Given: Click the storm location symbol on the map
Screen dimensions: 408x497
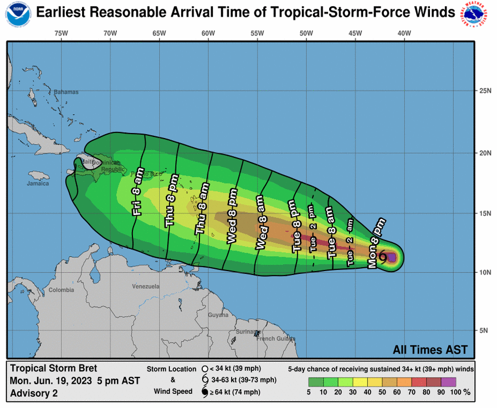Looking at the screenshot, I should click(383, 256).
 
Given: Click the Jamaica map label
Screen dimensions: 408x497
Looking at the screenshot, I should click(38, 183).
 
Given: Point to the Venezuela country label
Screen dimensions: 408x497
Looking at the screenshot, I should click(146, 287).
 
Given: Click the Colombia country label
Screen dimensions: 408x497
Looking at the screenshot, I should click(60, 290).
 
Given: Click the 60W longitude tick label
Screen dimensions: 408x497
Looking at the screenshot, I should click(208, 33).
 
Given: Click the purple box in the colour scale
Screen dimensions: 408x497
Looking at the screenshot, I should click(449, 381).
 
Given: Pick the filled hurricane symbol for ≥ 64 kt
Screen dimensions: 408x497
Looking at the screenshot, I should click(204, 392).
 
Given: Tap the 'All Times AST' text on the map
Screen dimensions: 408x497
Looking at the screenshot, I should click(430, 350).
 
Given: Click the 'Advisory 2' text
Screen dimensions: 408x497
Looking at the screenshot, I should click(34, 392).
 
